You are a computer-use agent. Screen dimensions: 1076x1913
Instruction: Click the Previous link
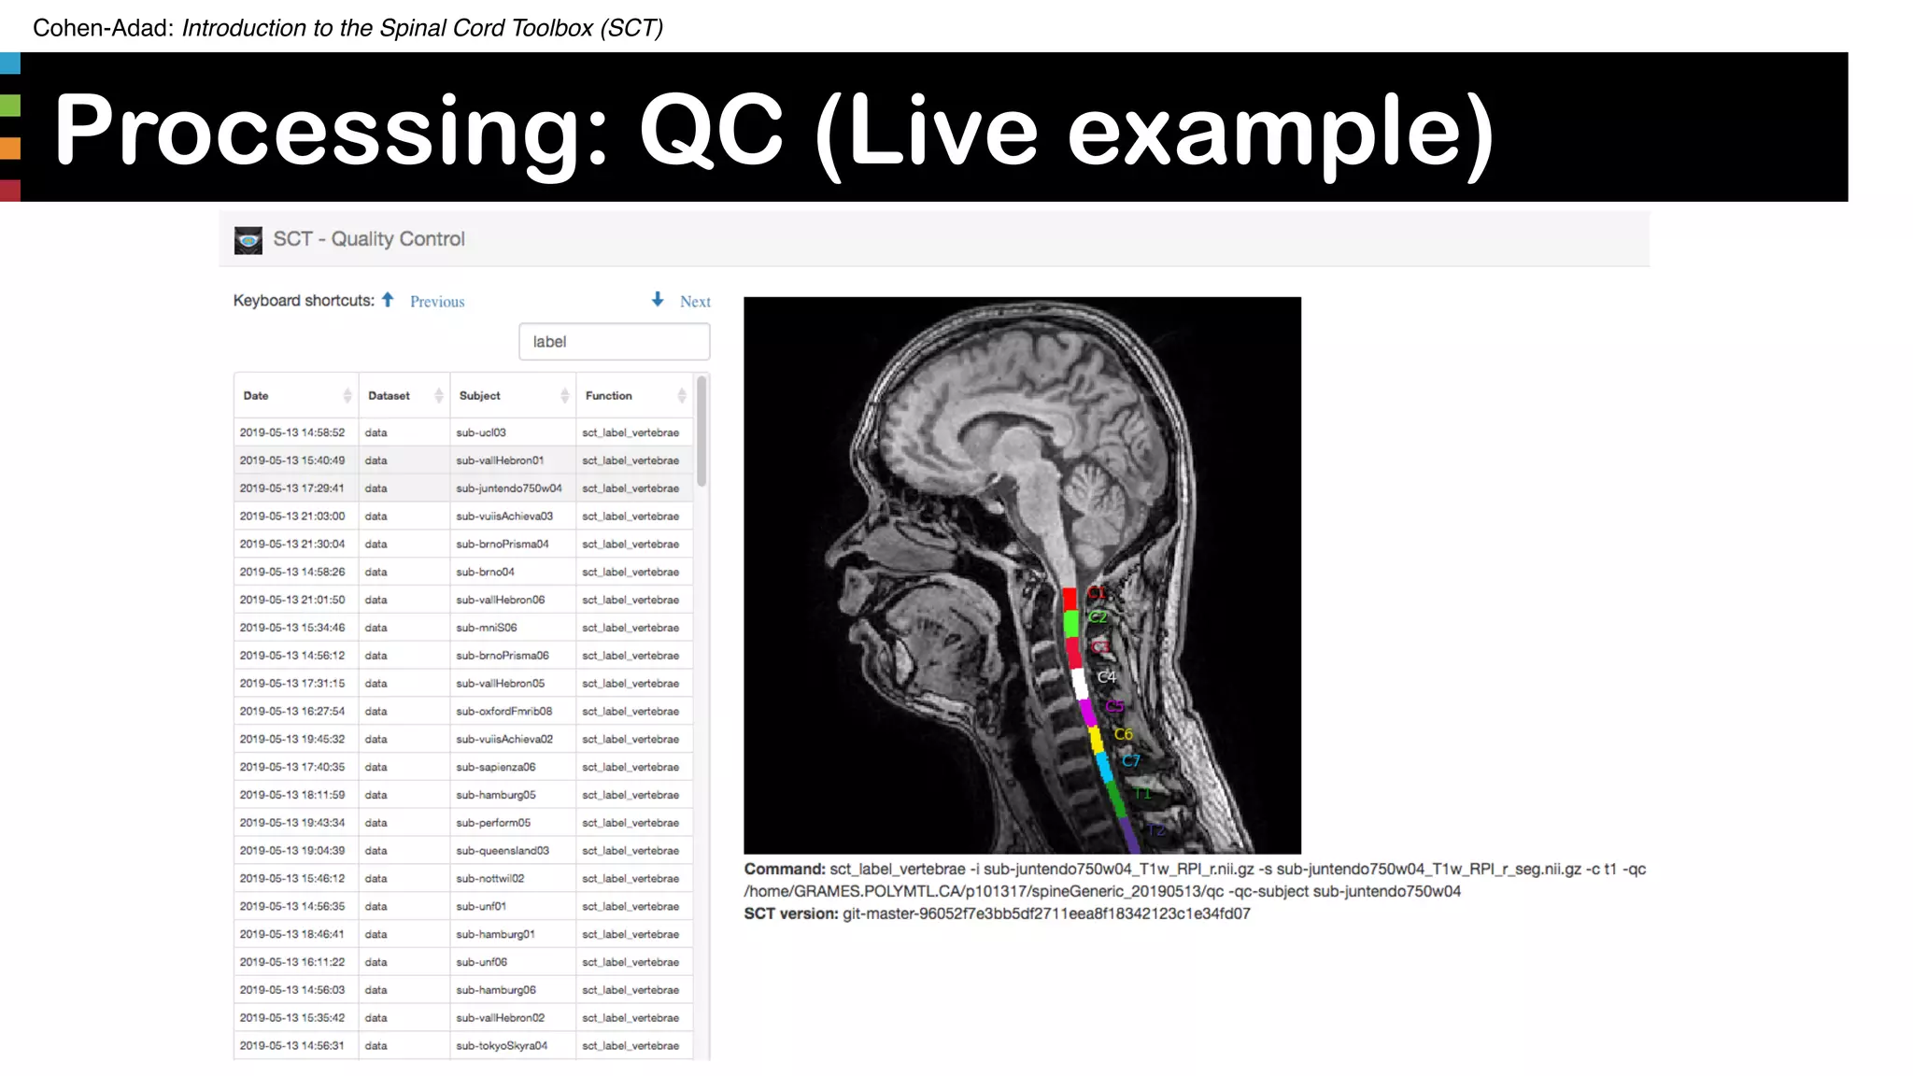(437, 302)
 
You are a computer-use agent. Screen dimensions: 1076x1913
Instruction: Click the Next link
(695, 302)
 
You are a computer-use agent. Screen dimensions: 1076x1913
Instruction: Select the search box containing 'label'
(614, 342)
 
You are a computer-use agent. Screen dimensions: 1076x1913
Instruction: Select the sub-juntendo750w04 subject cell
(509, 488)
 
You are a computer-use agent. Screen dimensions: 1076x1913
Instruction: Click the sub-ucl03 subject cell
(481, 432)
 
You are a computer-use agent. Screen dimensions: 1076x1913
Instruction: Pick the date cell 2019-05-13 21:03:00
(292, 517)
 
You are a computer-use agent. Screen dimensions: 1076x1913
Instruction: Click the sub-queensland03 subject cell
(503, 851)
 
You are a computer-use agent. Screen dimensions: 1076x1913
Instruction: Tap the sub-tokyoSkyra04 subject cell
(502, 1046)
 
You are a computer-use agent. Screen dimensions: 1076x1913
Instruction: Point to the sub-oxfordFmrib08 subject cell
(504, 712)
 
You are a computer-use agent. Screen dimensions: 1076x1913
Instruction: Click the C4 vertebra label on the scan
(1107, 677)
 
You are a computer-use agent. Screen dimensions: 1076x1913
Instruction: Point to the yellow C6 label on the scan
(1123, 734)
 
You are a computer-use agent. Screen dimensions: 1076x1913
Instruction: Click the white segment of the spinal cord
(1079, 683)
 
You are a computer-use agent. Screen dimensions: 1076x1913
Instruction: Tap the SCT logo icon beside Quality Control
(248, 240)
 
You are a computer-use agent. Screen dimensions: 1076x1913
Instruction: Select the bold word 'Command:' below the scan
(785, 870)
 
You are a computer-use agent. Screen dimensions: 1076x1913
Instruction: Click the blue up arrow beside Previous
(388, 300)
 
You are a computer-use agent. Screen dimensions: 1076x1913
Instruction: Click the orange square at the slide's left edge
(10, 148)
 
